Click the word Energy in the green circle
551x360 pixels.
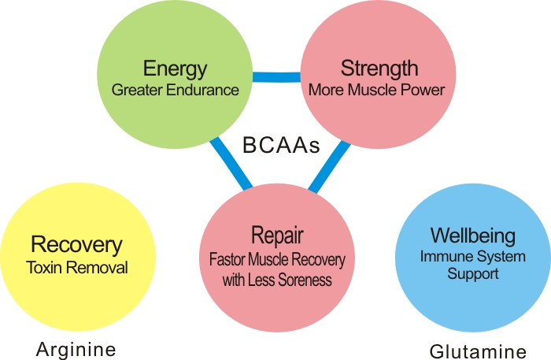(x=175, y=69)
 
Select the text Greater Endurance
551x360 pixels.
(x=175, y=90)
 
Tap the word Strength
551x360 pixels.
(x=379, y=69)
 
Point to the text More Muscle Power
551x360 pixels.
(x=376, y=90)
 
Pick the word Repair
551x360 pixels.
(x=277, y=235)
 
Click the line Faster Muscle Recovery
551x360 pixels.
(x=277, y=258)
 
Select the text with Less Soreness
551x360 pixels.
(x=277, y=279)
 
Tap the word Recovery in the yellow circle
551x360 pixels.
(x=76, y=245)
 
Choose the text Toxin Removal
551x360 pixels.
(x=76, y=268)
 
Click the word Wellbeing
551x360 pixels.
(x=473, y=236)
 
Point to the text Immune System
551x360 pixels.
(x=473, y=257)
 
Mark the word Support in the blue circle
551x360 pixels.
(x=473, y=274)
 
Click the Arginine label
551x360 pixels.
(x=76, y=349)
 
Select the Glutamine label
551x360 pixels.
(x=478, y=351)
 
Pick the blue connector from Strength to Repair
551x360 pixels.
(x=330, y=166)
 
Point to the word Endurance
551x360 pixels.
(x=205, y=90)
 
